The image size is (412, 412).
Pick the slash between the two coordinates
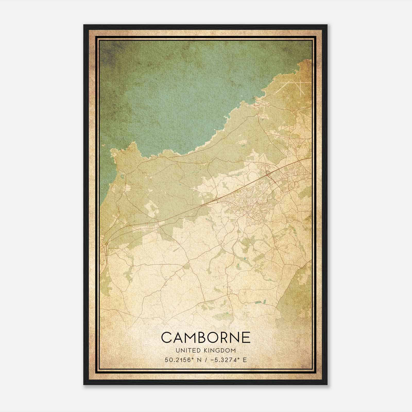click(204, 360)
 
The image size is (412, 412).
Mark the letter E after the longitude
click(245, 360)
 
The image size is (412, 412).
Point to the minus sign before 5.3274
click(212, 360)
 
